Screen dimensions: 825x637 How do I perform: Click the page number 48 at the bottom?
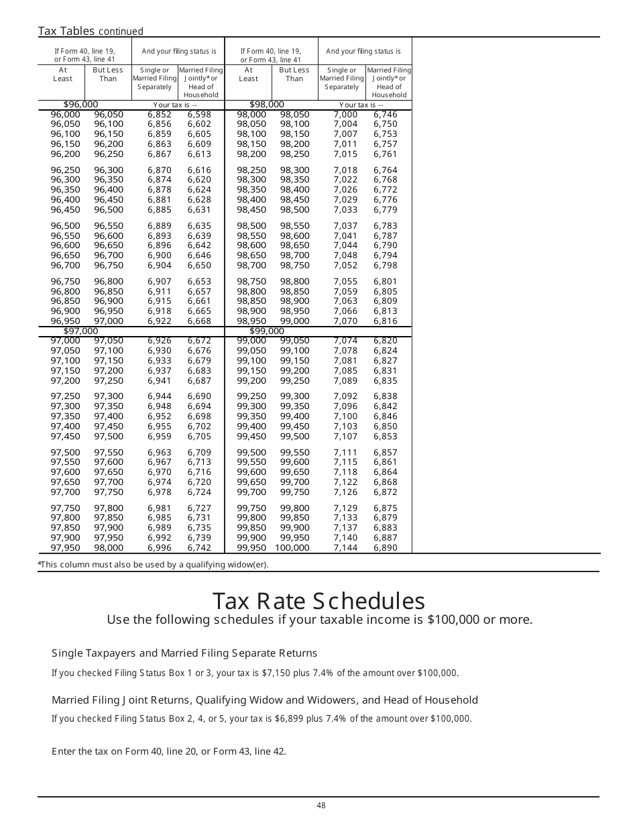[x=321, y=806]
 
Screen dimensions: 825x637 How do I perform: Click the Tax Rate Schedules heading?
[x=318, y=600]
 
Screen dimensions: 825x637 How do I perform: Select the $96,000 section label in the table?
[x=80, y=105]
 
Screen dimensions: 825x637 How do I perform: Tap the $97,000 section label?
[x=80, y=331]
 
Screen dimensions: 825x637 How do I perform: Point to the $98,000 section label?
[x=267, y=105]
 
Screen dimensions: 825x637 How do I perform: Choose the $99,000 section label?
[x=267, y=331]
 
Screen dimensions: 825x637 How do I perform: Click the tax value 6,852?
[x=160, y=115]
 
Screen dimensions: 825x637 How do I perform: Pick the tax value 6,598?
[x=199, y=115]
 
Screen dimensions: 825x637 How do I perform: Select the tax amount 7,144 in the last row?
[x=345, y=548]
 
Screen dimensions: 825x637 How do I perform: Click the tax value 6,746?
[x=386, y=115]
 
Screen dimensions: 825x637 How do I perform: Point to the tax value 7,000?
[x=345, y=115]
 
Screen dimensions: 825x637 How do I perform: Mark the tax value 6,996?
[x=160, y=548]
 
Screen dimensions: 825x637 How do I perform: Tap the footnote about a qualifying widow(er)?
[x=154, y=565]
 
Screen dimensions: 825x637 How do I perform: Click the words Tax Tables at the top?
[x=67, y=31]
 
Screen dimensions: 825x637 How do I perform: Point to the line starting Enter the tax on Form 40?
[x=169, y=751]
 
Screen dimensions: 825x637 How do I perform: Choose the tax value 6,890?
[x=386, y=548]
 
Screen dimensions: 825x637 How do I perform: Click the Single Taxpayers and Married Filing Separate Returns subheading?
[x=184, y=653]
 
